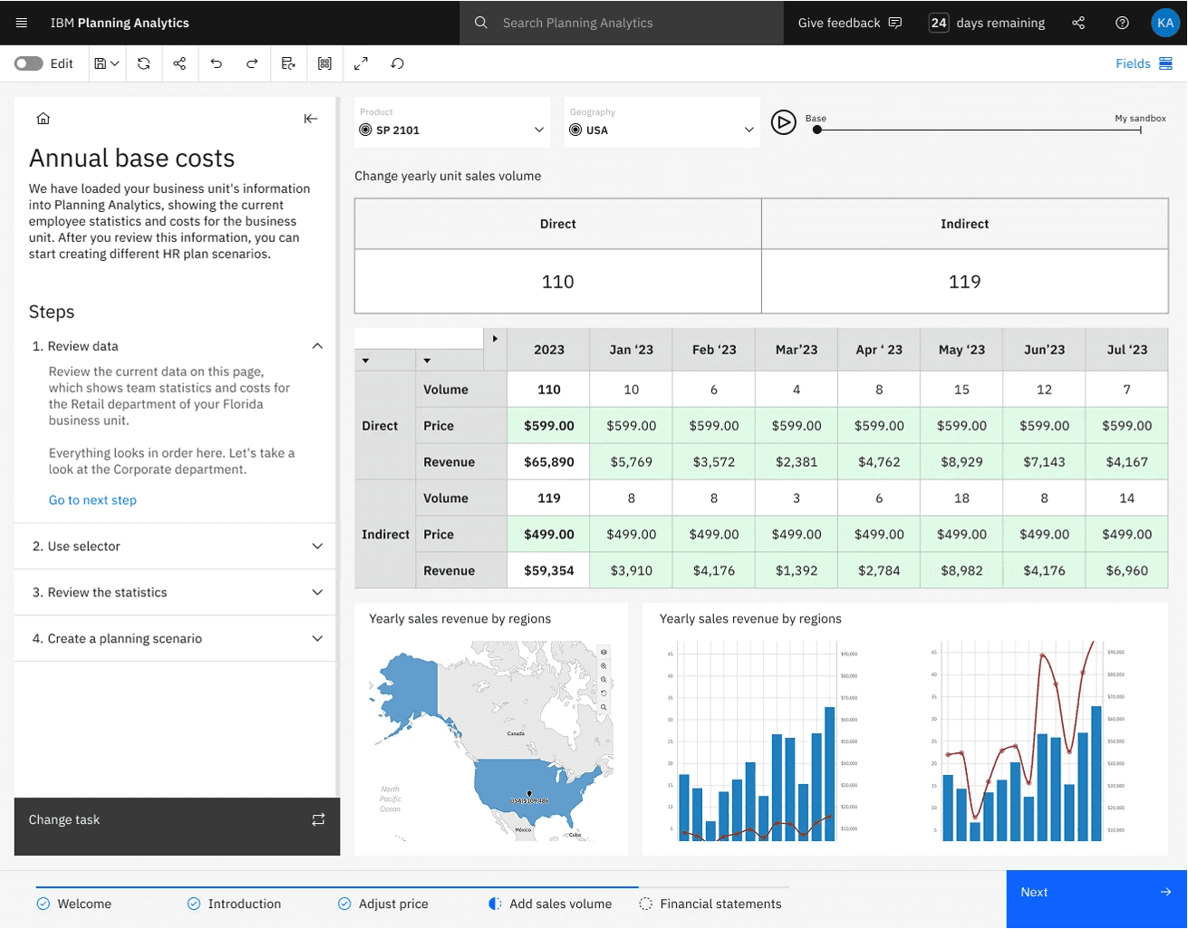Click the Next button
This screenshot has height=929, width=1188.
(x=1096, y=893)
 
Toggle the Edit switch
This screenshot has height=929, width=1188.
(x=29, y=63)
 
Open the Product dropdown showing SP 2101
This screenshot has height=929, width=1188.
(x=451, y=130)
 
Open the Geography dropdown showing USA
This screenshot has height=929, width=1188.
(x=662, y=130)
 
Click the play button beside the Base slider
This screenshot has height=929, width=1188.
(x=783, y=121)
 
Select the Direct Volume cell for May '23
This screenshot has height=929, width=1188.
(x=961, y=390)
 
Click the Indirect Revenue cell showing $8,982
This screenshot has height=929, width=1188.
(x=961, y=571)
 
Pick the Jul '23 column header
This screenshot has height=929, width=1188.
(x=1126, y=350)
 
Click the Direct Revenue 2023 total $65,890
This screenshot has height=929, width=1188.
(x=548, y=462)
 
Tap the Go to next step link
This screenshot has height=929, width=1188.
(x=92, y=500)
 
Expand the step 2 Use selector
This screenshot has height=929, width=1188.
(x=177, y=547)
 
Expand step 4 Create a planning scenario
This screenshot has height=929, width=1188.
(x=177, y=639)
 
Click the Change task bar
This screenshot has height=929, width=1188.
(x=177, y=820)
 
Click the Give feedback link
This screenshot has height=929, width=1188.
(x=849, y=23)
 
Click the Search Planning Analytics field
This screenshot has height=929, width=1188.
(x=625, y=23)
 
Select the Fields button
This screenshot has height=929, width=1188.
(x=1144, y=63)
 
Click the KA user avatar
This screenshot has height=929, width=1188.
(x=1164, y=23)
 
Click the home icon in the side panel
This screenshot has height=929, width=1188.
(x=43, y=119)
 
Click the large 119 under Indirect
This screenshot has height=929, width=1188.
(x=964, y=282)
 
